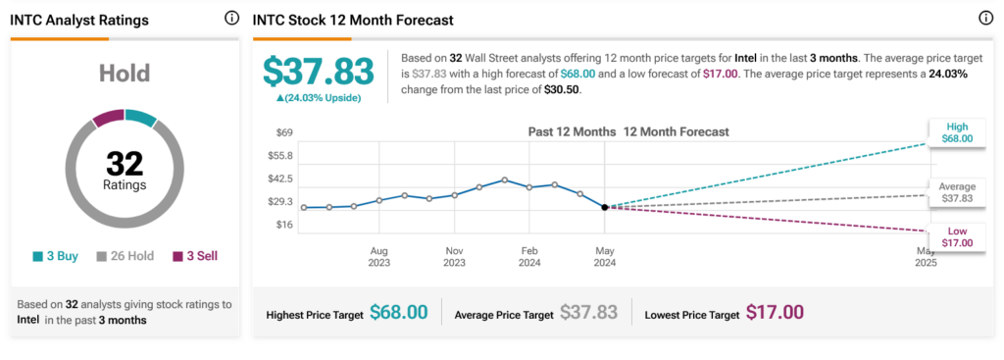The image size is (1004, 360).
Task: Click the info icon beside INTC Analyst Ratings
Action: (231, 19)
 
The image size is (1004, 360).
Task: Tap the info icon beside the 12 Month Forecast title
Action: (986, 19)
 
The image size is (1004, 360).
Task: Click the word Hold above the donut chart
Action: (125, 73)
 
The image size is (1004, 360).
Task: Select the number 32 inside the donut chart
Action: (125, 165)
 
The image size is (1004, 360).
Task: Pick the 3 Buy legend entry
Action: (56, 256)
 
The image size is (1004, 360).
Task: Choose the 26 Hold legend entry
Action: (125, 256)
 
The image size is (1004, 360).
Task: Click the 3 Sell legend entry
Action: (195, 256)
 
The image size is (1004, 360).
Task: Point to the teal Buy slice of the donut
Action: (140, 118)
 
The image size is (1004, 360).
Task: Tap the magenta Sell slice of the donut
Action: (109, 118)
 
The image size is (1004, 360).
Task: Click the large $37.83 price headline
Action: (318, 71)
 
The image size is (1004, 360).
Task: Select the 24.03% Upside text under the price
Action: (318, 98)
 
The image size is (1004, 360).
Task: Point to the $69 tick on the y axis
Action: (284, 132)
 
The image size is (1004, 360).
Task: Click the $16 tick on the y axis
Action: (284, 225)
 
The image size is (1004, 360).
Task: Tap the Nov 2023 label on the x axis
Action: (455, 257)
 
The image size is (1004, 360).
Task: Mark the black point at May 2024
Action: (604, 207)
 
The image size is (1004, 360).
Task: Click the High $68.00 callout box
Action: (957, 132)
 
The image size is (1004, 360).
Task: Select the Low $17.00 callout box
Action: (957, 237)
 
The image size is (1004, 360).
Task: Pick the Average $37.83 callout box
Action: (957, 192)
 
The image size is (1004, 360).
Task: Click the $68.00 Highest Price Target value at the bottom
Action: (398, 313)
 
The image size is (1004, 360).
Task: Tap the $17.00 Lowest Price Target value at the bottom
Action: (775, 313)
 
